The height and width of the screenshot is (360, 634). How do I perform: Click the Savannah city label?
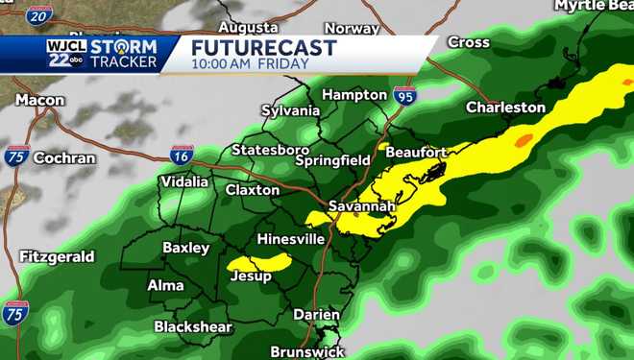361,206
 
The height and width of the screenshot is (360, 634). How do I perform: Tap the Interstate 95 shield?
404,95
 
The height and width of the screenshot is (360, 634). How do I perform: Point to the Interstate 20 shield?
38,14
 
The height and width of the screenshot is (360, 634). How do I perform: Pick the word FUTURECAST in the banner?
263,48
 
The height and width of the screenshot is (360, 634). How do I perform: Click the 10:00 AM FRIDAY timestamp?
250,64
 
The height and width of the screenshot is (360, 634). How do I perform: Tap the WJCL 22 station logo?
64,54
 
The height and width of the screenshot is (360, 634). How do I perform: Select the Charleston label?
505,108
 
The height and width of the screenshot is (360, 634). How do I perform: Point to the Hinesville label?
291,238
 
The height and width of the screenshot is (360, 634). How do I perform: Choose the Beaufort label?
416,152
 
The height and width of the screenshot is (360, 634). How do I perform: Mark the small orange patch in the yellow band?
523,140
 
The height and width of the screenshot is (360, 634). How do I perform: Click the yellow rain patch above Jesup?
259,262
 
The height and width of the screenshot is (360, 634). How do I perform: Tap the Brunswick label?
306,351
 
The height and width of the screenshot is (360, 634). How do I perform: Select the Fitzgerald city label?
57,256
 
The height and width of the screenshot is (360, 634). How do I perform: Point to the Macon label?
40,100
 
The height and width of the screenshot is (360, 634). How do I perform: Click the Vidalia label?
184,181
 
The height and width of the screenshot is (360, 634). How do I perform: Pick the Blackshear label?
193,326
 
